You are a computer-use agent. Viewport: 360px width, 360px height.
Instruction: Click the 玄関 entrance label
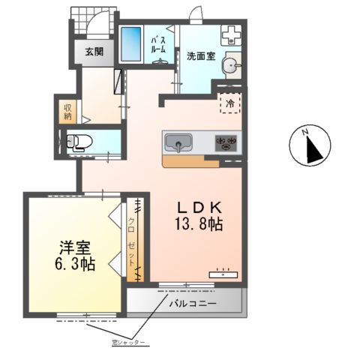94,52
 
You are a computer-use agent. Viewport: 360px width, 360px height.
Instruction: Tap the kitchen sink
178,141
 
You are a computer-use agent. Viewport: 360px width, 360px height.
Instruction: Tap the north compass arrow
313,147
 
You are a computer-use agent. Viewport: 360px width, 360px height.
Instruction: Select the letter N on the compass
305,132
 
